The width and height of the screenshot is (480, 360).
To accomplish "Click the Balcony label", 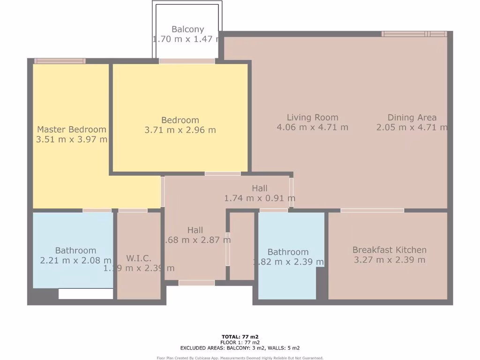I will [187, 29].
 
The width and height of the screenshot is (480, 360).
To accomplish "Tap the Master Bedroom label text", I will [72, 129].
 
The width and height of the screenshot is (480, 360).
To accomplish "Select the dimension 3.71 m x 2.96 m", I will [180, 130].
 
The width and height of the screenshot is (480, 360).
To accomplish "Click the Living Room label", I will [312, 117].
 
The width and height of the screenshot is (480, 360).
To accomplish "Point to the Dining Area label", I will [412, 117].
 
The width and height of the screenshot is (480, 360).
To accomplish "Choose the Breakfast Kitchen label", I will [389, 250].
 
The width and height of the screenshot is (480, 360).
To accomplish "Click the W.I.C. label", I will [139, 258].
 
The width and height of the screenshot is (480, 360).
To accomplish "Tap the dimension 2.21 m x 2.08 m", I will [75, 260].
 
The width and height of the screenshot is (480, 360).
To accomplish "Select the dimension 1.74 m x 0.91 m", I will [260, 198].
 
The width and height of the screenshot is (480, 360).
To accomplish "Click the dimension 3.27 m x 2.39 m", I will [389, 260].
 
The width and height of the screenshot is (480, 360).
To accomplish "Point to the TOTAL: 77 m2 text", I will [240, 337].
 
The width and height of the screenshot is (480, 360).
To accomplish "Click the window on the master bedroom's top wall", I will [60, 61].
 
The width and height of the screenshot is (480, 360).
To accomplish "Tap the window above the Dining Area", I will [414, 34].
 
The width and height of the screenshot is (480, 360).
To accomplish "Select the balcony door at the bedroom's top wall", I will [187, 61].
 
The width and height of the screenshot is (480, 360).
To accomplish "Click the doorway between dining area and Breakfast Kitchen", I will [372, 210].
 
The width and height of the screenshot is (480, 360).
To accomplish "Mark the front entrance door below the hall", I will [196, 283].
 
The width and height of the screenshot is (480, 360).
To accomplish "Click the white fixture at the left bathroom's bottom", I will [86, 294].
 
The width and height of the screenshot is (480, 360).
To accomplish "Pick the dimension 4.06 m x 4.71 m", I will [312, 127].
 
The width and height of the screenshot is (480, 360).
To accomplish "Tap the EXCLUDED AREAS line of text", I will [240, 348].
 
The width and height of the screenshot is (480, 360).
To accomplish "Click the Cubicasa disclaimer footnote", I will [240, 358].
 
